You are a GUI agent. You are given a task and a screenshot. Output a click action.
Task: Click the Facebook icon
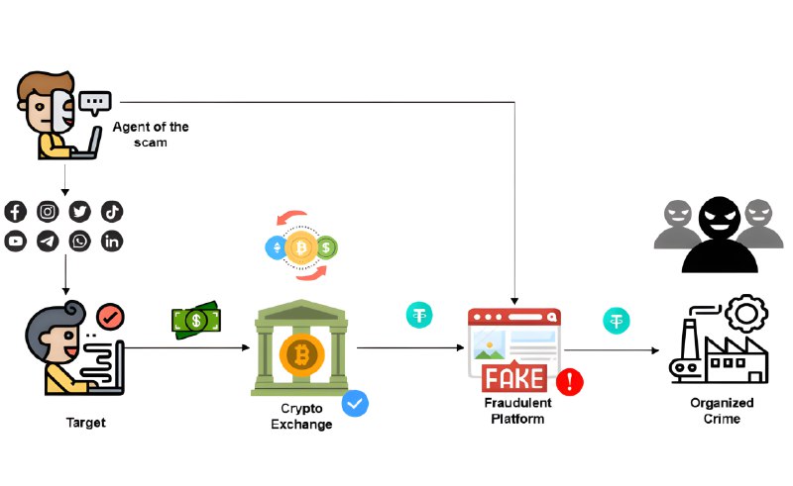[15, 211]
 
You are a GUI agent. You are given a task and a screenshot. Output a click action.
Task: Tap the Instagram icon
[48, 211]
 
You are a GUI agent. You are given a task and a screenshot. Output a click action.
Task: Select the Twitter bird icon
[79, 211]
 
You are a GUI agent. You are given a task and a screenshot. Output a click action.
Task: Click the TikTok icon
[111, 211]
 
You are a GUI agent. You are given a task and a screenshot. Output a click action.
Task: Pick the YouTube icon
[15, 241]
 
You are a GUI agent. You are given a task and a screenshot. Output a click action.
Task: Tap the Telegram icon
[48, 241]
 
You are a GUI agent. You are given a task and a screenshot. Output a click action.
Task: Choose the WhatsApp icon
[79, 241]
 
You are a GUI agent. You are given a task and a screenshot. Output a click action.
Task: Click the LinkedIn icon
[111, 241]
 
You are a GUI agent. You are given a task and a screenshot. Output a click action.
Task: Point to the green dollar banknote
[196, 320]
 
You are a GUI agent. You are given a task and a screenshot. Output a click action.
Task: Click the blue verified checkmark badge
[355, 403]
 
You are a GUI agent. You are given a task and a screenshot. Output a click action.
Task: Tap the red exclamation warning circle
[569, 381]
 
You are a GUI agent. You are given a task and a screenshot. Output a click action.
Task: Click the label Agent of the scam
[150, 135]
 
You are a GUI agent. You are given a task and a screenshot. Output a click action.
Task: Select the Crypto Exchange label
[303, 417]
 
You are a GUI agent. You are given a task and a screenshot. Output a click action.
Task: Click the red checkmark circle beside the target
[111, 318]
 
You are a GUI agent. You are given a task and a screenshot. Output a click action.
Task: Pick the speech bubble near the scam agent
[95, 102]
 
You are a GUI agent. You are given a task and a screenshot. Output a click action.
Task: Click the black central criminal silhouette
[714, 235]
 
